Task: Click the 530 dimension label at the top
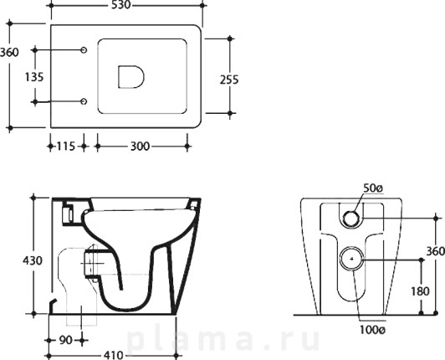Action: click(x=120, y=5)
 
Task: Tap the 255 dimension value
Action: click(x=229, y=80)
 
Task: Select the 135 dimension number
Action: click(x=34, y=77)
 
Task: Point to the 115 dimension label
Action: click(x=66, y=147)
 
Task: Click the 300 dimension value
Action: click(x=140, y=147)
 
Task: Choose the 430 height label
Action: click(x=33, y=260)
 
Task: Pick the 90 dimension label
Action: click(x=65, y=340)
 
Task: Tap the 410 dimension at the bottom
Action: click(x=114, y=355)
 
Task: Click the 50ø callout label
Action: click(x=373, y=188)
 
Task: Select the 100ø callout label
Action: click(x=372, y=330)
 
